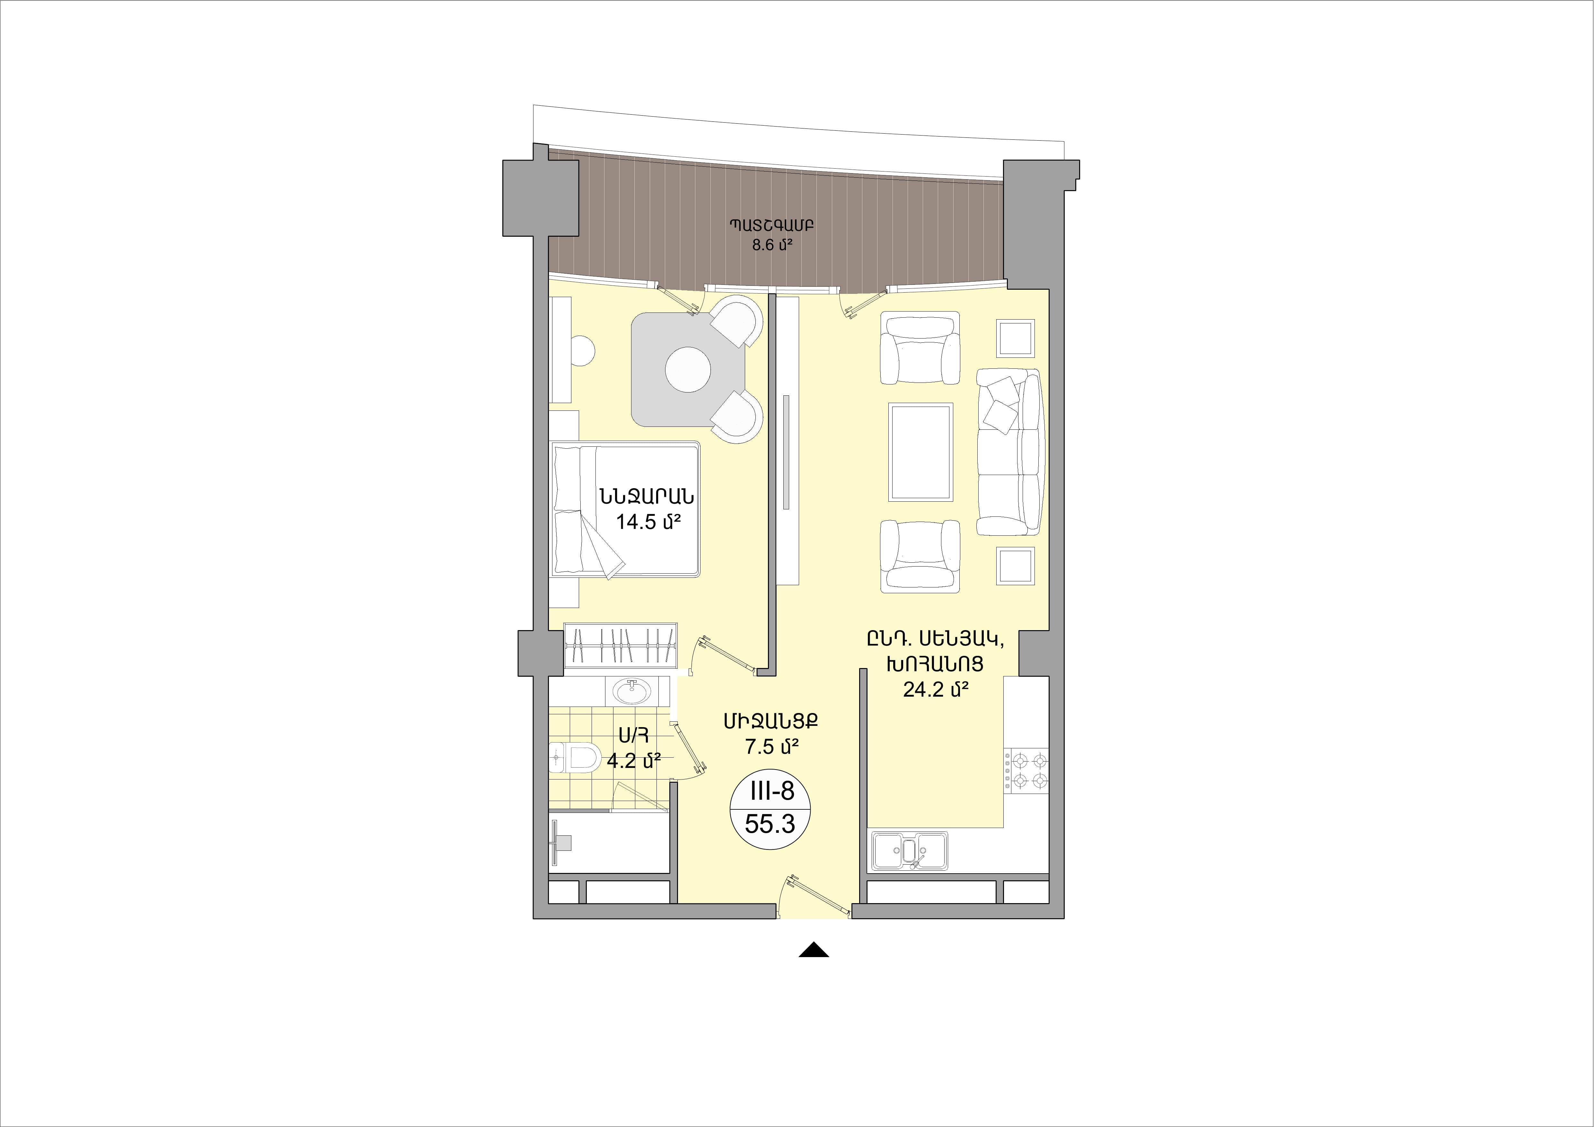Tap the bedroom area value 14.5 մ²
tap(647, 522)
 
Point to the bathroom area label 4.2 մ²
tap(633, 760)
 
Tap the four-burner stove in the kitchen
tap(1026, 770)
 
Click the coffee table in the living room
tap(920, 452)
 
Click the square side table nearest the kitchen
tap(1016, 566)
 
